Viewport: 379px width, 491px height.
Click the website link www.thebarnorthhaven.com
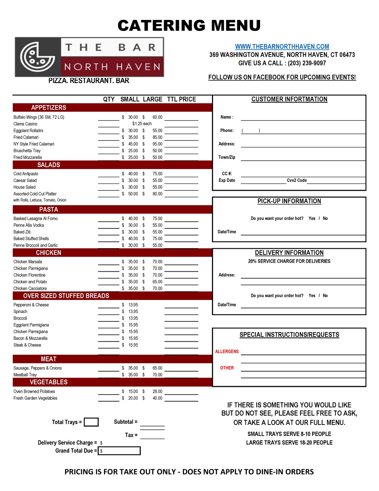pyautogui.click(x=282, y=46)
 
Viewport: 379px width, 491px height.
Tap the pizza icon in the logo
pyautogui.click(x=37, y=57)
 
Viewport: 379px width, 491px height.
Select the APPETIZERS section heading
pyautogui.click(x=49, y=107)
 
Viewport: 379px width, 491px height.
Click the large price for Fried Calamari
pyautogui.click(x=157, y=137)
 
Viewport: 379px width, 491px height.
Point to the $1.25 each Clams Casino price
pyautogui.click(x=142, y=124)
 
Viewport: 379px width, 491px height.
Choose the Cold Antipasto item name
pyautogui.click(x=26, y=174)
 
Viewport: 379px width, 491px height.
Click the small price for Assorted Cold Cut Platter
pyautogui.click(x=133, y=194)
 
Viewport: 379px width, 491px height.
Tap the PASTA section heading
pyautogui.click(x=49, y=209)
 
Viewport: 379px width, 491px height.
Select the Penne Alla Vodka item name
pyautogui.click(x=29, y=225)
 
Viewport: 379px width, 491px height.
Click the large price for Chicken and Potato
pyautogui.click(x=157, y=282)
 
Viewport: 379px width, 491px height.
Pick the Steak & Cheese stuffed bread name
pyautogui.click(x=27, y=345)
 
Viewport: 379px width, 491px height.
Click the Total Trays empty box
pyautogui.click(x=91, y=422)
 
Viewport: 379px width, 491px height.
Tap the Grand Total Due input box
pyautogui.click(x=119, y=451)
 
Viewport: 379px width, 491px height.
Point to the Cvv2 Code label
pyautogui.click(x=297, y=180)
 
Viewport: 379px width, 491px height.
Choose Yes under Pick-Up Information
pyautogui.click(x=312, y=218)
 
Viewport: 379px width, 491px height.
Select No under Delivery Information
pyautogui.click(x=325, y=296)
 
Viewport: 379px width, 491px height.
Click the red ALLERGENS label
pyautogui.click(x=227, y=351)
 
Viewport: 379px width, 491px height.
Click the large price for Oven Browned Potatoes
pyautogui.click(x=157, y=392)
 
